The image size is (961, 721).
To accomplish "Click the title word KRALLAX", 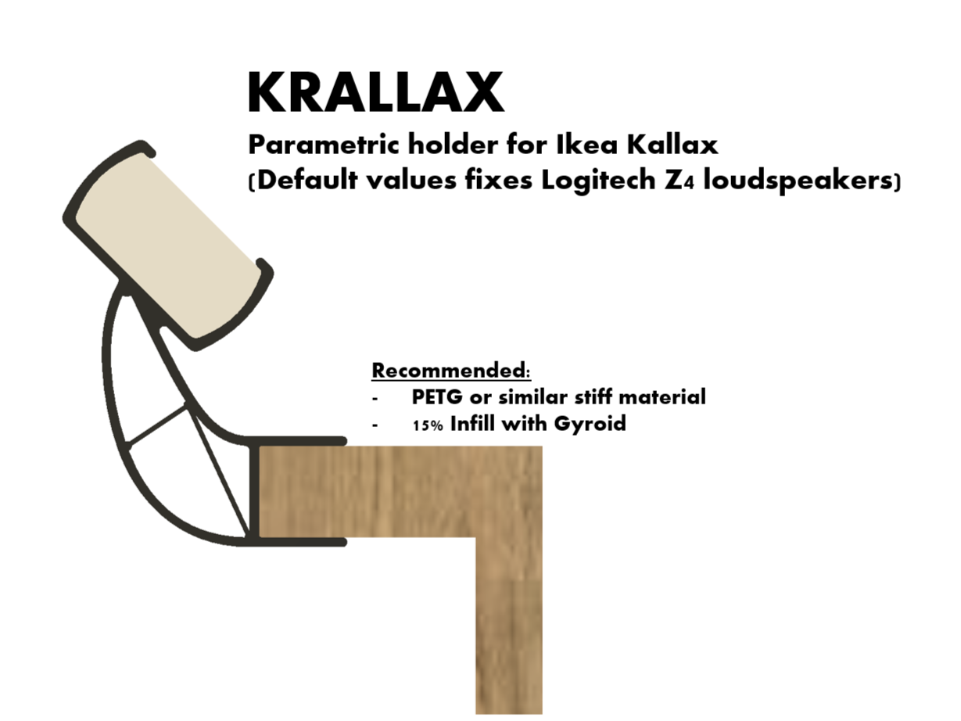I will pos(375,93).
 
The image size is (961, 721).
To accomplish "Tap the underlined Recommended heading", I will pos(451,369).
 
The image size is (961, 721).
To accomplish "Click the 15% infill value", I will pos(427,425).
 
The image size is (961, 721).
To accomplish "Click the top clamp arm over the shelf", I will pos(305,442).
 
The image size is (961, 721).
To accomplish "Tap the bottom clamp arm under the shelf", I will pos(305,541).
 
